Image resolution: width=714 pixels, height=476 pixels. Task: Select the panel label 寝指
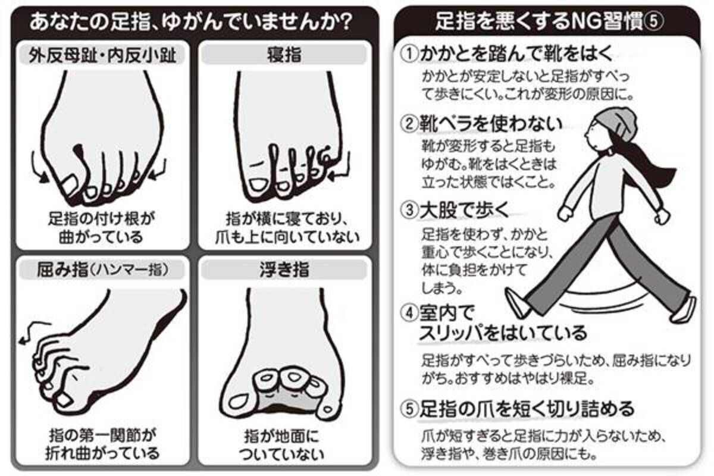284,55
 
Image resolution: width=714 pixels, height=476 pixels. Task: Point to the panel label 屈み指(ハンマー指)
102,270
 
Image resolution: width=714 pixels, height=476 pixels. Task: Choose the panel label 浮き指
284,270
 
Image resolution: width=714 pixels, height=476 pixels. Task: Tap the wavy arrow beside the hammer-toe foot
35,331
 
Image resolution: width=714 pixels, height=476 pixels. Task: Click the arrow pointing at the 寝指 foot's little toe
341,166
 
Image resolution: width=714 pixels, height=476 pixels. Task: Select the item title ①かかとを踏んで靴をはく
506,54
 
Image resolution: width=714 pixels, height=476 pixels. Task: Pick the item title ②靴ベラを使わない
481,124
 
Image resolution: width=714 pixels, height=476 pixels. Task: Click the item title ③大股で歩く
455,210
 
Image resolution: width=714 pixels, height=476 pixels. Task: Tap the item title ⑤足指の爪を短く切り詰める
517,409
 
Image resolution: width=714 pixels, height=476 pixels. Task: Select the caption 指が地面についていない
282,445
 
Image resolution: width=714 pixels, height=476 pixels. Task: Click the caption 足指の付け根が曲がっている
101,228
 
